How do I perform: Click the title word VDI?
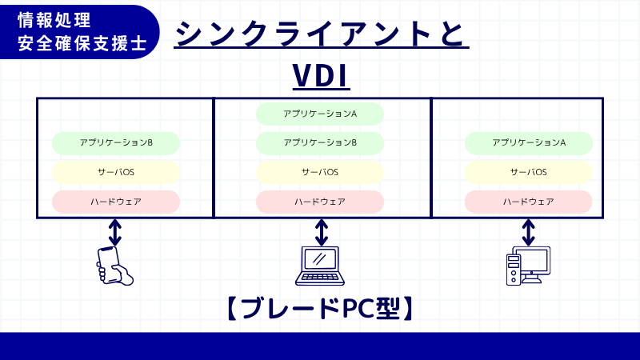321,78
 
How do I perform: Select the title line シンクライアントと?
321,34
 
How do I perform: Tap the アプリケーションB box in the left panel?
116,143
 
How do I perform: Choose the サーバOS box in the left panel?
116,172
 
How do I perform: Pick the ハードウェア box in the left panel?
116,202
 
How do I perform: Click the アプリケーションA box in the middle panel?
320,114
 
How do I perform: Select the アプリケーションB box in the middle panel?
320,143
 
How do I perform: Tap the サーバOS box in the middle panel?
320,172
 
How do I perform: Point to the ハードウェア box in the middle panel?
320,202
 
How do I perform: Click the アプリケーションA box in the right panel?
529,143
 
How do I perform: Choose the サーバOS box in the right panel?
529,172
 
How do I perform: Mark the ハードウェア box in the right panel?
529,202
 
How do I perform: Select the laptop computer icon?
321,266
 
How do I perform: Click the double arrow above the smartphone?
115,232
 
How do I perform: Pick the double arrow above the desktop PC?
528,232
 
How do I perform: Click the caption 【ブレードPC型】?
320,308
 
